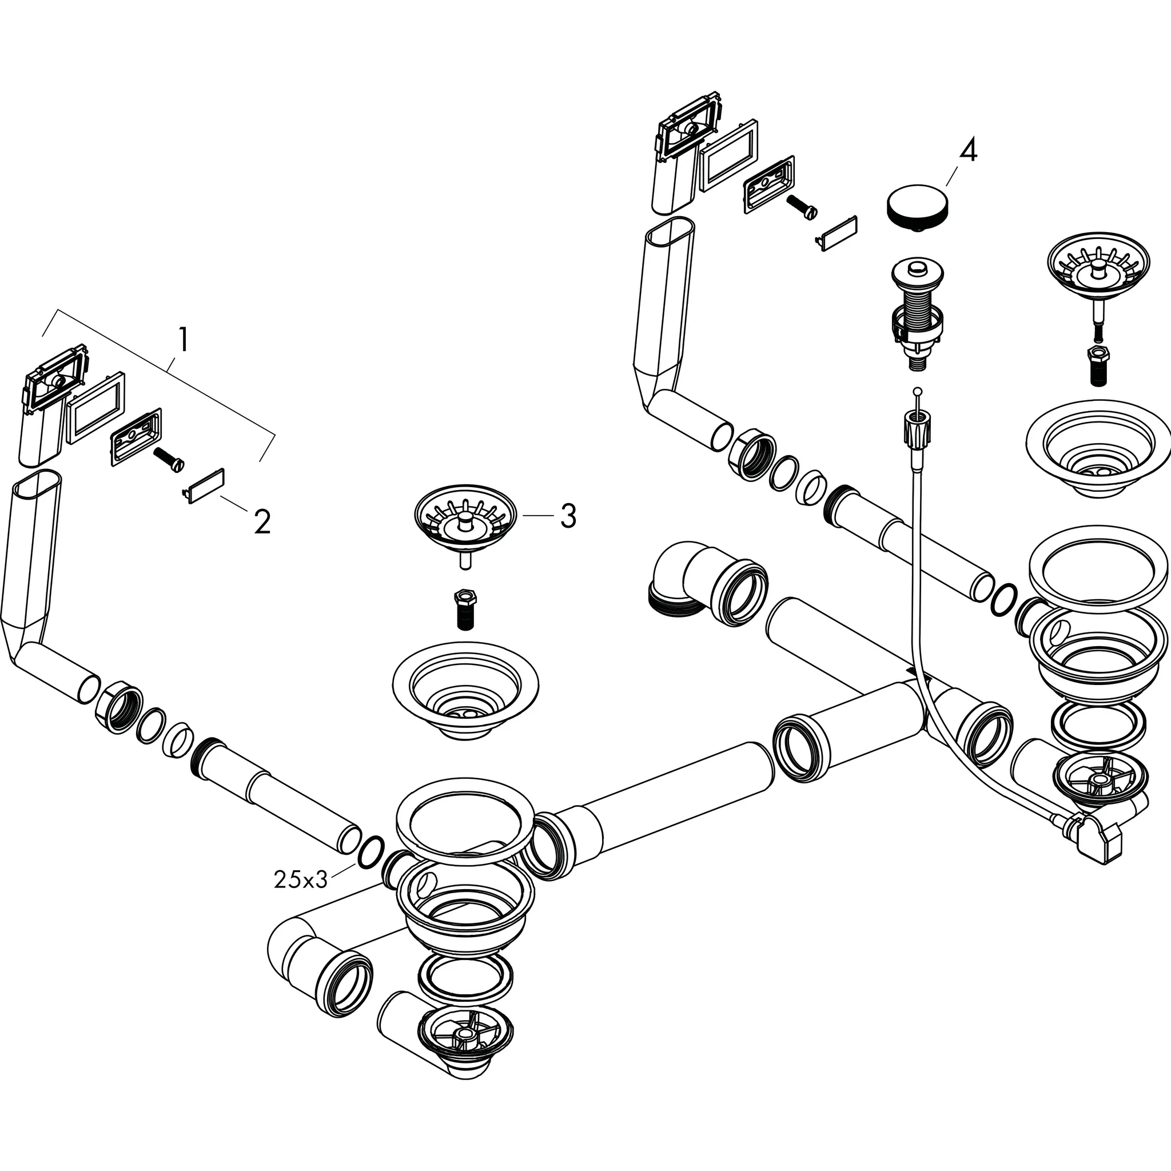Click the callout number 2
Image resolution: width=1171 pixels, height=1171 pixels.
coord(262,522)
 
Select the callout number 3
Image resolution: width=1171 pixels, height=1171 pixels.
coord(567,516)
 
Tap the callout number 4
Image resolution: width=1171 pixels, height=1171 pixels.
coord(968,150)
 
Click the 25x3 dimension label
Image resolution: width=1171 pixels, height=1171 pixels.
coord(301,879)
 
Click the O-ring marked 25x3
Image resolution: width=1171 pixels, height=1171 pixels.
coord(371,853)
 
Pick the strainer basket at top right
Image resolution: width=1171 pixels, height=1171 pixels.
coord(1098,267)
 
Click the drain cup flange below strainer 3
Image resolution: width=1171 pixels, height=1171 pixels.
coord(465,688)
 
